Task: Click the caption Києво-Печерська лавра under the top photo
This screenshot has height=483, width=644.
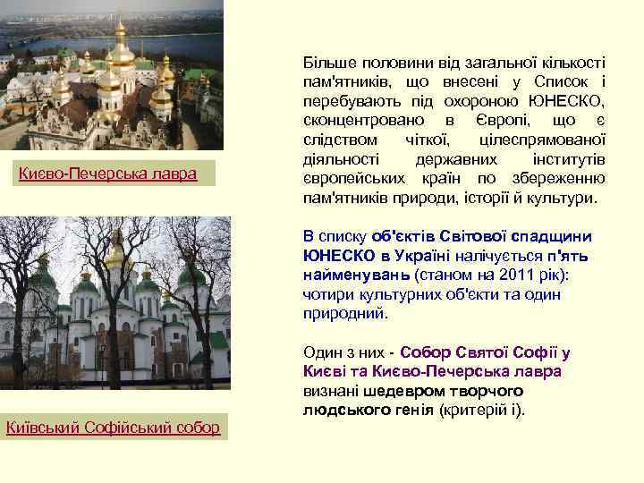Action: (x=108, y=173)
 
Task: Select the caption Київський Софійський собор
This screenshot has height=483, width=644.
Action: (x=113, y=428)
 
